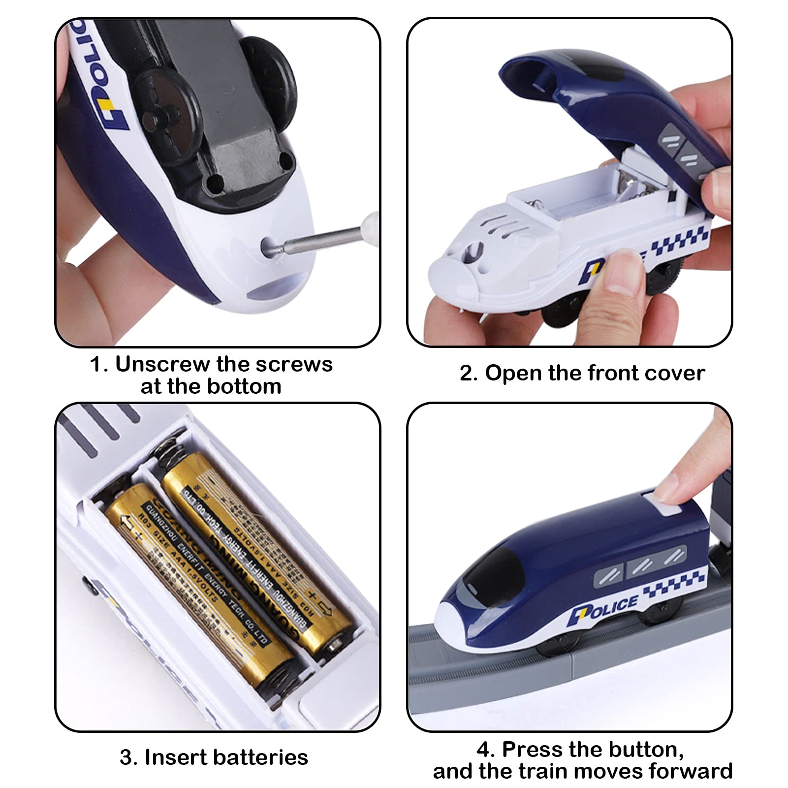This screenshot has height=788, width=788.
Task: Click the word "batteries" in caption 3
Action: click(261, 757)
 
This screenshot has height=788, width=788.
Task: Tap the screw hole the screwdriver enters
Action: click(270, 245)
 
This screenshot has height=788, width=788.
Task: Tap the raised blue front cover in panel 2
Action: click(615, 98)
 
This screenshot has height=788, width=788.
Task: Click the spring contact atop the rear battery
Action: click(170, 445)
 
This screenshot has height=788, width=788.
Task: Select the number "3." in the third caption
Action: click(128, 757)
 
